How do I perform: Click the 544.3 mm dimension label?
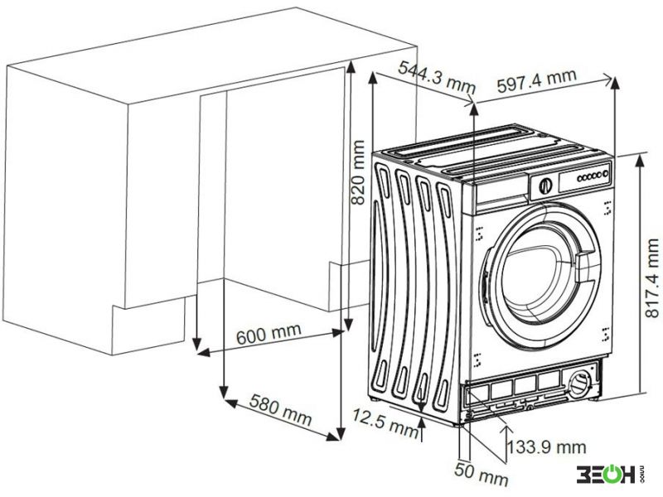[x=438, y=76]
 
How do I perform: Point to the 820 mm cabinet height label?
[x=358, y=172]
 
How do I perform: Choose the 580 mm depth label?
[x=280, y=409]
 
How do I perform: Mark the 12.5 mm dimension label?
[x=385, y=422]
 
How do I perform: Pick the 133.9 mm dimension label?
[x=547, y=446]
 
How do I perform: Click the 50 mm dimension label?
[x=482, y=473]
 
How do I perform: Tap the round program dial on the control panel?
[x=546, y=186]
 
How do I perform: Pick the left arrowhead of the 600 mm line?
[x=204, y=352]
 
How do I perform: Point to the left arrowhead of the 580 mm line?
[x=231, y=403]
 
